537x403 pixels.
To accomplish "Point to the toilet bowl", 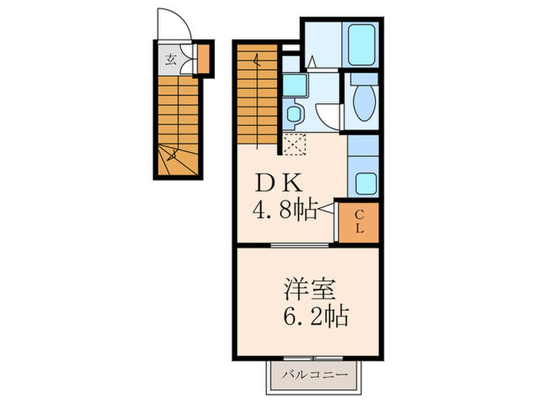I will coord(362,101).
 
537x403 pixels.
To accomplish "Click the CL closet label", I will coord(359,222).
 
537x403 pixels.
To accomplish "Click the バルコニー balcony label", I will coord(314,375).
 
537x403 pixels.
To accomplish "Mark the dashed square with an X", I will coord(293,144).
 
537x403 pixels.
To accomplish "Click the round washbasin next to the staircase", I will coord(292,116).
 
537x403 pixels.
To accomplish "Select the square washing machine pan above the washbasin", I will coord(294,85).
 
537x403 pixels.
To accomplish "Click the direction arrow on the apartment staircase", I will coord(259,61).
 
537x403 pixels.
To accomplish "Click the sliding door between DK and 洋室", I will coord(303,245).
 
